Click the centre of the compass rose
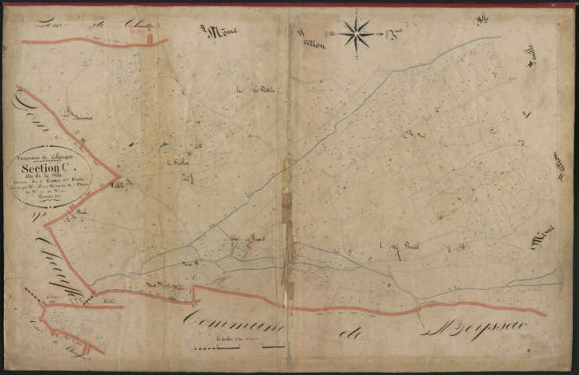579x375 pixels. pyautogui.click(x=355, y=34)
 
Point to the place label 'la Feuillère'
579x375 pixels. pyautogui.click(x=180, y=162)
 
